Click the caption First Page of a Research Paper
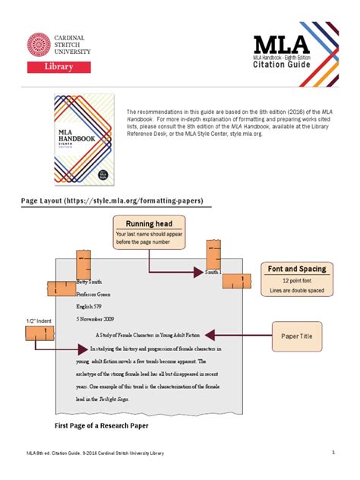point(101,426)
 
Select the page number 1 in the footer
point(333,453)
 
